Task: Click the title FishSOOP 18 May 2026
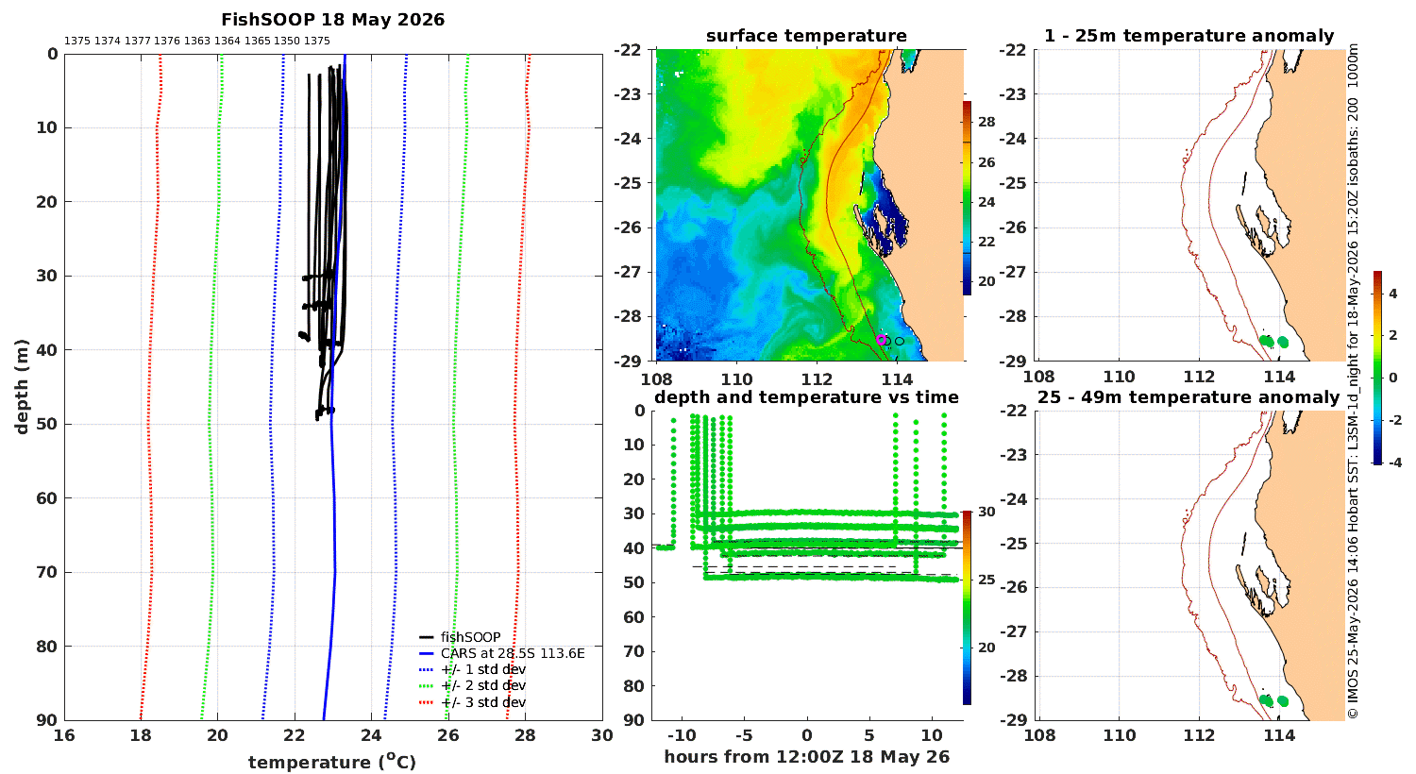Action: [332, 20]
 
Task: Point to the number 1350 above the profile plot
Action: [287, 42]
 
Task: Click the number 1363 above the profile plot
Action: [197, 42]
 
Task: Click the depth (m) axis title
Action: [22, 387]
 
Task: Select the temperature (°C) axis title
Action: [332, 762]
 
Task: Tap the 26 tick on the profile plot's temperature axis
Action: [448, 735]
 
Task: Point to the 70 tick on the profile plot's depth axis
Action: [47, 572]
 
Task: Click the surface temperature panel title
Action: [806, 36]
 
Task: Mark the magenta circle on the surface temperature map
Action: [881, 340]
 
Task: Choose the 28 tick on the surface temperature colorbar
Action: [986, 122]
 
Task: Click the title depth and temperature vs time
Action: [806, 397]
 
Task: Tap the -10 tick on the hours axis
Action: [682, 735]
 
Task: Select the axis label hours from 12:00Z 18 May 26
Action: [806, 757]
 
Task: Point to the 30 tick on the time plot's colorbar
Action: [986, 512]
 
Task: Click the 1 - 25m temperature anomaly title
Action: [1189, 36]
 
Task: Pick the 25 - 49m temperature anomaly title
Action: [1188, 397]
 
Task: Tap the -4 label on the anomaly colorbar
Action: [1394, 463]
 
